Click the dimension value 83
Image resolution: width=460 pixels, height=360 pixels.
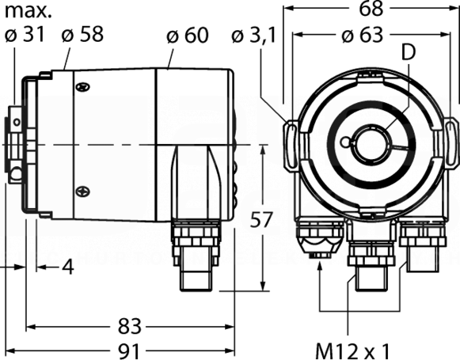click(x=130, y=326)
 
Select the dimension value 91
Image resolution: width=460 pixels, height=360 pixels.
click(x=130, y=351)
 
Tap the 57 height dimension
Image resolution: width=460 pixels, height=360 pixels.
click(x=261, y=219)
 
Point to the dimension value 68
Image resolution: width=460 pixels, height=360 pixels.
click(x=371, y=9)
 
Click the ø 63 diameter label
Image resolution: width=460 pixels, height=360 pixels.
click(x=363, y=36)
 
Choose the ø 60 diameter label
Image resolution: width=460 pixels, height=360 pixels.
click(x=188, y=36)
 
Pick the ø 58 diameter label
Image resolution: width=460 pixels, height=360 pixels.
click(x=82, y=34)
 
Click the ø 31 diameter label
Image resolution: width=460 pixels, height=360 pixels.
click(x=25, y=34)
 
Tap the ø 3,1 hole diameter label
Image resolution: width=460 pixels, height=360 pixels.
click(x=254, y=36)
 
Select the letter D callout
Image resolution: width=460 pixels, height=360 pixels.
click(x=409, y=52)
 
